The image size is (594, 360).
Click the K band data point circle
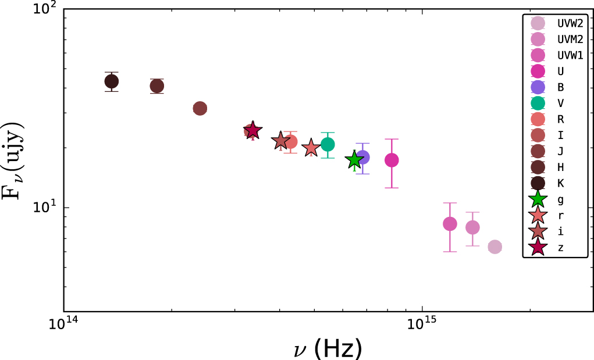[112, 81]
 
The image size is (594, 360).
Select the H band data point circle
[156, 86]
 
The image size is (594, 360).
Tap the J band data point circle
[200, 109]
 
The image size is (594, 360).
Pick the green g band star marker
[354, 161]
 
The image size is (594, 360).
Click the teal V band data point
[328, 144]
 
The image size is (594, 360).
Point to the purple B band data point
[362, 157]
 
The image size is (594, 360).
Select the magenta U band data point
[392, 160]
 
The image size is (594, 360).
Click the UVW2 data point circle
[495, 247]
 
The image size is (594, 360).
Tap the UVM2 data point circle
[472, 227]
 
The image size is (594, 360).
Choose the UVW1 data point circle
[450, 224]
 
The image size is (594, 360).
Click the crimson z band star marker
[252, 131]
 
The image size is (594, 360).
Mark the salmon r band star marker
[311, 148]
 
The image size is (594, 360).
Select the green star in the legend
[538, 199]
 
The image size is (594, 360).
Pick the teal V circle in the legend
[538, 104]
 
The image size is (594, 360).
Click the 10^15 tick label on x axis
[422, 323]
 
